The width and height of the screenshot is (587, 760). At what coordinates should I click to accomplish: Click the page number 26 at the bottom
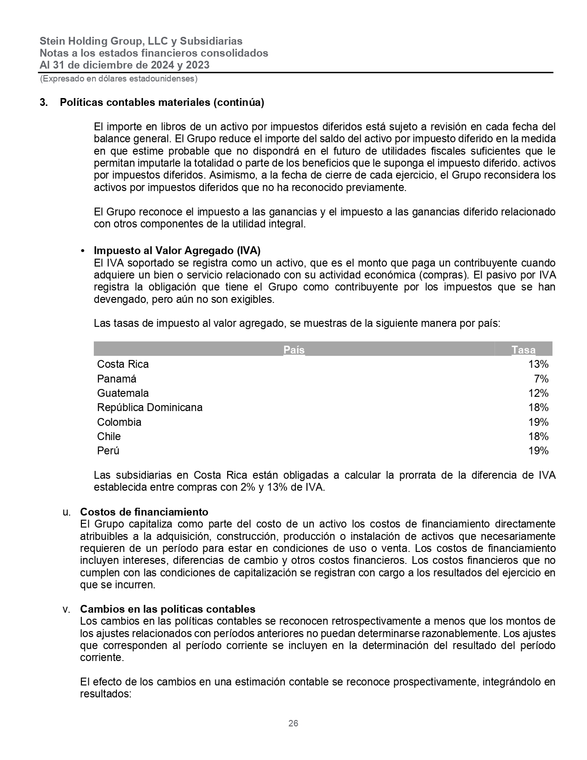tap(293, 723)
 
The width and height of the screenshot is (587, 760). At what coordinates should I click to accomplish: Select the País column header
tap(294, 350)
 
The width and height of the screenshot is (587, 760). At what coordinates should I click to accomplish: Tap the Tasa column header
tap(524, 350)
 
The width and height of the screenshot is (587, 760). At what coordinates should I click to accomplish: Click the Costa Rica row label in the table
tap(123, 364)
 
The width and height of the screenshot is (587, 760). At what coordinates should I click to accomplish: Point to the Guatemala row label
tap(123, 393)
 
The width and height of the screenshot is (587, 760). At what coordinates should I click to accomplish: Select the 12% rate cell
tap(538, 393)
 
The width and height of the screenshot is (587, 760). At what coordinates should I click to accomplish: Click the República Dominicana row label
tap(150, 407)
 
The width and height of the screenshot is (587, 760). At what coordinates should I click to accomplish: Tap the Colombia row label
tap(119, 422)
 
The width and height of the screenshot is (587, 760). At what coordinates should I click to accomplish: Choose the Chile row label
tap(109, 436)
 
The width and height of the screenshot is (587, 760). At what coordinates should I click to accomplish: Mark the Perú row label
tap(108, 451)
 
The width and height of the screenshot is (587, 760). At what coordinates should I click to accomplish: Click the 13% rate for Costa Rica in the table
tap(538, 364)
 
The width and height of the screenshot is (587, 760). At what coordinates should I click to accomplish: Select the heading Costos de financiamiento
tap(144, 512)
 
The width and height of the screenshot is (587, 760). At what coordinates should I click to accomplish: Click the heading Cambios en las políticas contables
tap(167, 609)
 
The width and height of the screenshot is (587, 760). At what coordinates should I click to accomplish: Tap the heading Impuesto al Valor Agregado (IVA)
tap(177, 250)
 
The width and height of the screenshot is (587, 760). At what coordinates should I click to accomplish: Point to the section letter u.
tap(66, 512)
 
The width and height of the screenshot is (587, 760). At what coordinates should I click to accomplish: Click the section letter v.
tap(66, 609)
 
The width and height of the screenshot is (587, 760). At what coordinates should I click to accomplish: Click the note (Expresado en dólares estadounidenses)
tap(119, 79)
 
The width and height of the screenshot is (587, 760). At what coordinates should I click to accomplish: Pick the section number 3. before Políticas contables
tap(44, 102)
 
